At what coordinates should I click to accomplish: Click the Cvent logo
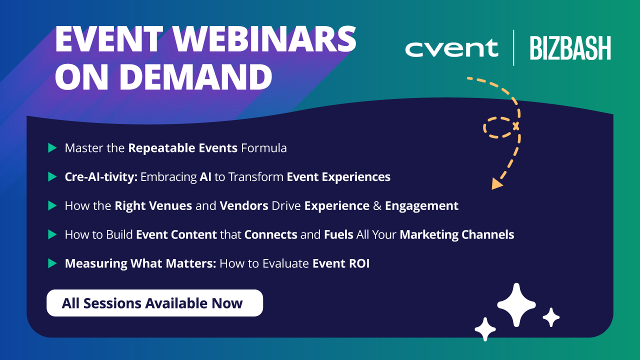click(x=451, y=48)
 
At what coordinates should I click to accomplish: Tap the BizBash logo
click(x=570, y=48)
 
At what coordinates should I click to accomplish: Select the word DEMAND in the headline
click(x=195, y=77)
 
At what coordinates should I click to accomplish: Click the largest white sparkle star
click(x=516, y=305)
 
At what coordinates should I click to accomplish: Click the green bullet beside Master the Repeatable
click(x=52, y=148)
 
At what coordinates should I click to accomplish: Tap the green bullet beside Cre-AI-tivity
click(x=52, y=177)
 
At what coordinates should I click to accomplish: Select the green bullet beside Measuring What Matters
click(x=52, y=263)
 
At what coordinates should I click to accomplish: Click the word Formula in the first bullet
click(x=263, y=148)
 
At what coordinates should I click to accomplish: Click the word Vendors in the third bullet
click(x=244, y=205)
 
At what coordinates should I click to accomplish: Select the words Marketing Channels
click(x=457, y=235)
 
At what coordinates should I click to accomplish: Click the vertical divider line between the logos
click(x=513, y=48)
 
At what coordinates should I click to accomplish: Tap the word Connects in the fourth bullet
click(x=271, y=235)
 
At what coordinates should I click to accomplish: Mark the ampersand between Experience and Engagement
click(x=377, y=206)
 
